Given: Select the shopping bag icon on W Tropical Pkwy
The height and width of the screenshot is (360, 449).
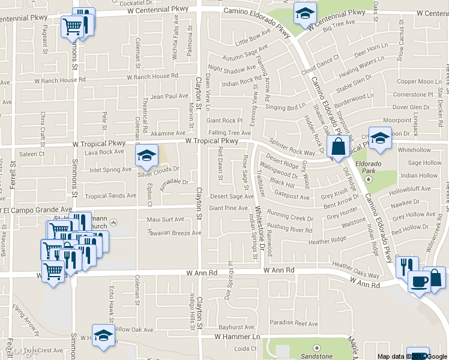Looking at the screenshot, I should pyautogui.click(x=338, y=146).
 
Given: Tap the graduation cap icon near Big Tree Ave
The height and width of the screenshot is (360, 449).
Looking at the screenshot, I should pyautogui.click(x=304, y=13).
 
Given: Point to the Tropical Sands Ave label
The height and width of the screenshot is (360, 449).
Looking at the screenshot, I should pyautogui.click(x=110, y=196).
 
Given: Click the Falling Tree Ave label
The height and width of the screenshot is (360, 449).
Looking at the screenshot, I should pyautogui.click(x=229, y=133).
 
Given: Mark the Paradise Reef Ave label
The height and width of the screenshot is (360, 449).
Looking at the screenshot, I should pyautogui.click(x=294, y=323).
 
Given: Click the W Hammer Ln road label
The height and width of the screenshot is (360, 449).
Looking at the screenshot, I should pyautogui.click(x=240, y=337).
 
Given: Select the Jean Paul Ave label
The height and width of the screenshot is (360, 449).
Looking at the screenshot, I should pyautogui.click(x=169, y=96).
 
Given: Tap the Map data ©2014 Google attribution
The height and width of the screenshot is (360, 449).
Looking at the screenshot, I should pyautogui.click(x=411, y=356).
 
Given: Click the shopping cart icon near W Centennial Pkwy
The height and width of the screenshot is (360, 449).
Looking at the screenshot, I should pyautogui.click(x=73, y=26).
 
